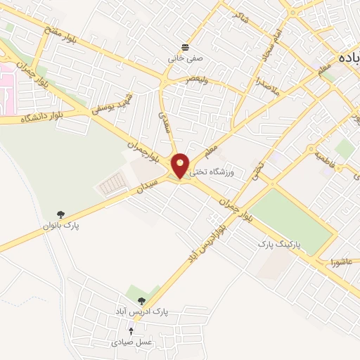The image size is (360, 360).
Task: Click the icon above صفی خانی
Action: (x=185, y=47)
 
